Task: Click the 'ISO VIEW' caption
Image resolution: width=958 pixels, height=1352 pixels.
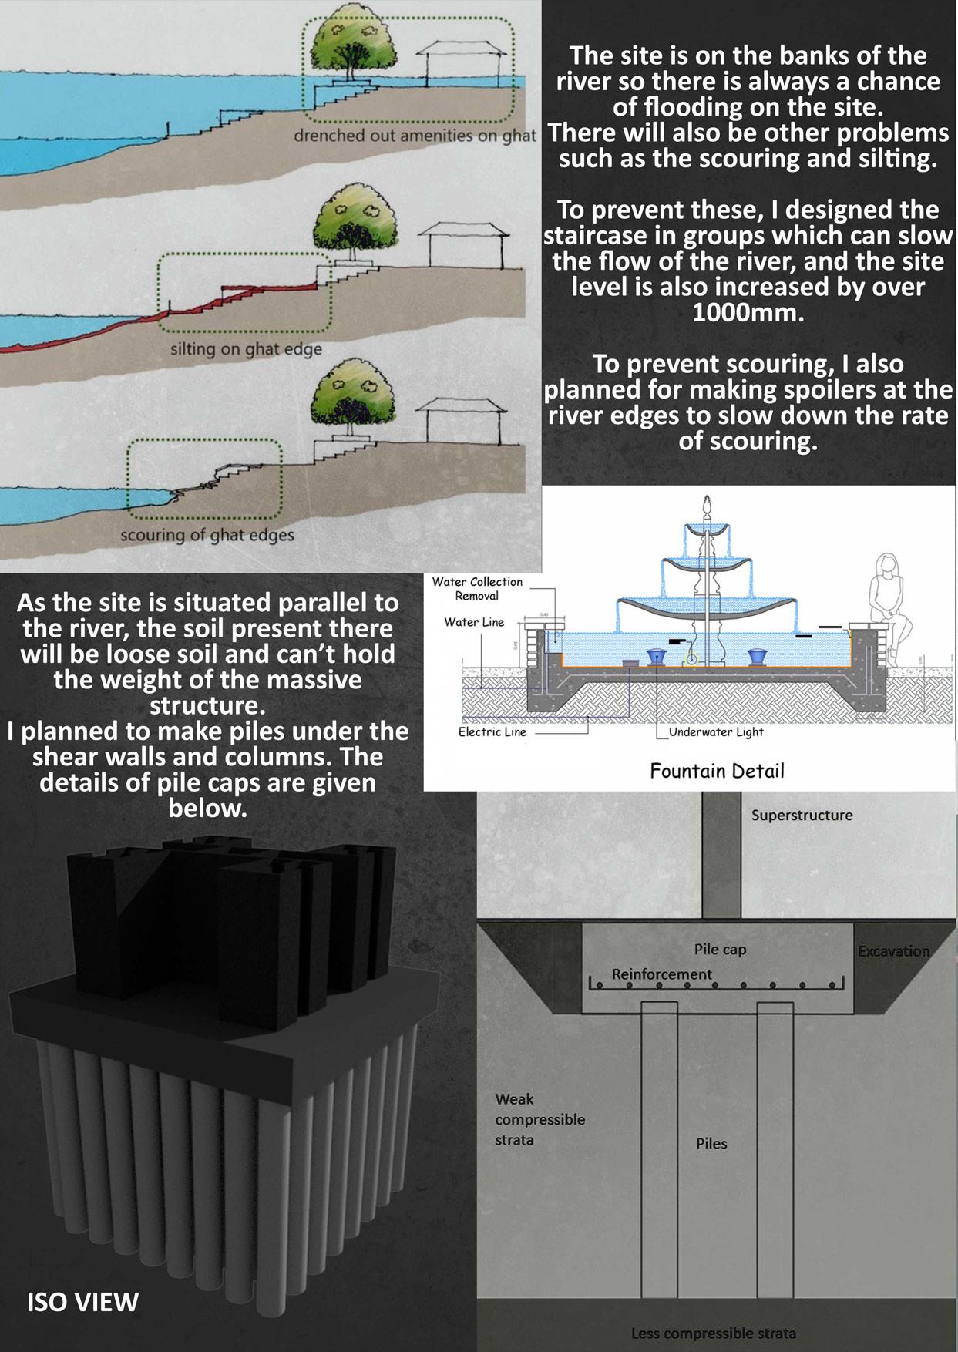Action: (82, 1301)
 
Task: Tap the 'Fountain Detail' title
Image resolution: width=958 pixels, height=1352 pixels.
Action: (717, 771)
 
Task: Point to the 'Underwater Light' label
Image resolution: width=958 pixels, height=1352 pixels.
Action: (716, 731)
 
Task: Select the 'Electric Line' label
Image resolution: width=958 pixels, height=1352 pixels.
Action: (492, 731)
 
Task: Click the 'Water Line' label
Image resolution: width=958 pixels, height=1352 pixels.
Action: (474, 622)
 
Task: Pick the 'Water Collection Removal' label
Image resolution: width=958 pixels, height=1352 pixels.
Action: (476, 589)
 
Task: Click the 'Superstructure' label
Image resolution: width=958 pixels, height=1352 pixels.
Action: (802, 815)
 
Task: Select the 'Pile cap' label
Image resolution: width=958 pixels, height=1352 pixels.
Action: (720, 949)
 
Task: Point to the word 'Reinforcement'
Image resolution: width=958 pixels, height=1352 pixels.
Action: (661, 974)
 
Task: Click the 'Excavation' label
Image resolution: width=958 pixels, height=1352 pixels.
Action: (893, 951)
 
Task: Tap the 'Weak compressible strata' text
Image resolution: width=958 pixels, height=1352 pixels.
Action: (540, 1119)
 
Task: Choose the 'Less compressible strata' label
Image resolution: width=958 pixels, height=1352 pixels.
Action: (713, 1333)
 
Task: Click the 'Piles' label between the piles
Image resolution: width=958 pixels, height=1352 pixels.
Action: (711, 1143)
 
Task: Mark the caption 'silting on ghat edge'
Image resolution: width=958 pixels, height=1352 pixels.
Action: (246, 349)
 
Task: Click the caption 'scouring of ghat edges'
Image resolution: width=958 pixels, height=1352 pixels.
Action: (207, 534)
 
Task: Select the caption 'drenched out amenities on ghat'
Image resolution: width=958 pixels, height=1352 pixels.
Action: (415, 136)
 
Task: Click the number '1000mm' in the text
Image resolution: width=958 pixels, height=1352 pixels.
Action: (748, 313)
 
